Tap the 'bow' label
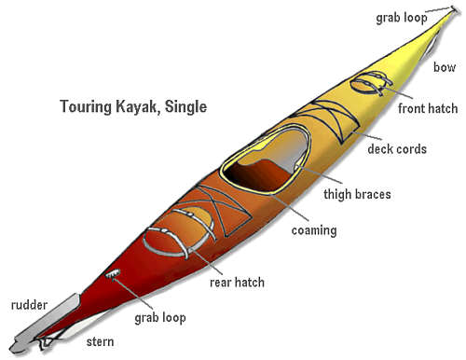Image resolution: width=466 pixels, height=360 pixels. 445,67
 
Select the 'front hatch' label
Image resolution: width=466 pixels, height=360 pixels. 427,108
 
